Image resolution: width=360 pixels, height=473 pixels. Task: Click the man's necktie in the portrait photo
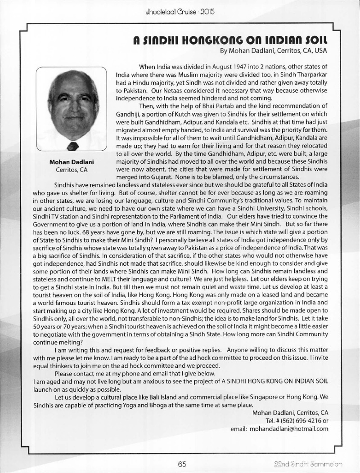pyautogui.click(x=72, y=146)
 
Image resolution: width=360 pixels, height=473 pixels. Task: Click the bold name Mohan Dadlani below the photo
pyautogui.click(x=71, y=162)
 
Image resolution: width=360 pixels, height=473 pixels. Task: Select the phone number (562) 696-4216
pyautogui.click(x=293, y=421)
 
